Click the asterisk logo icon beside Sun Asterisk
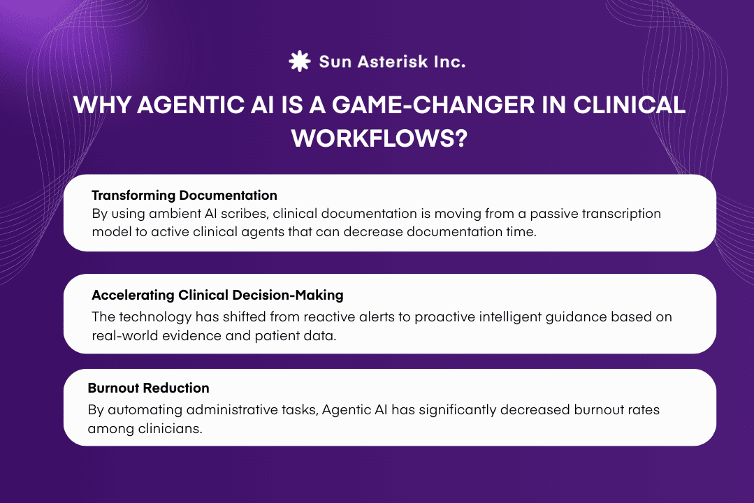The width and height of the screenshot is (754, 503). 299,61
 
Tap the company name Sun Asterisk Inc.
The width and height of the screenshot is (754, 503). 392,61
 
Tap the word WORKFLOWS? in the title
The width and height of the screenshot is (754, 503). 378,138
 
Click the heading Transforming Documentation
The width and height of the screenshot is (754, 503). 184,195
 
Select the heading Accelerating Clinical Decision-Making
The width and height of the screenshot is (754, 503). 217,295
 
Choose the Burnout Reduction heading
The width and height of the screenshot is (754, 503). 148,388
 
